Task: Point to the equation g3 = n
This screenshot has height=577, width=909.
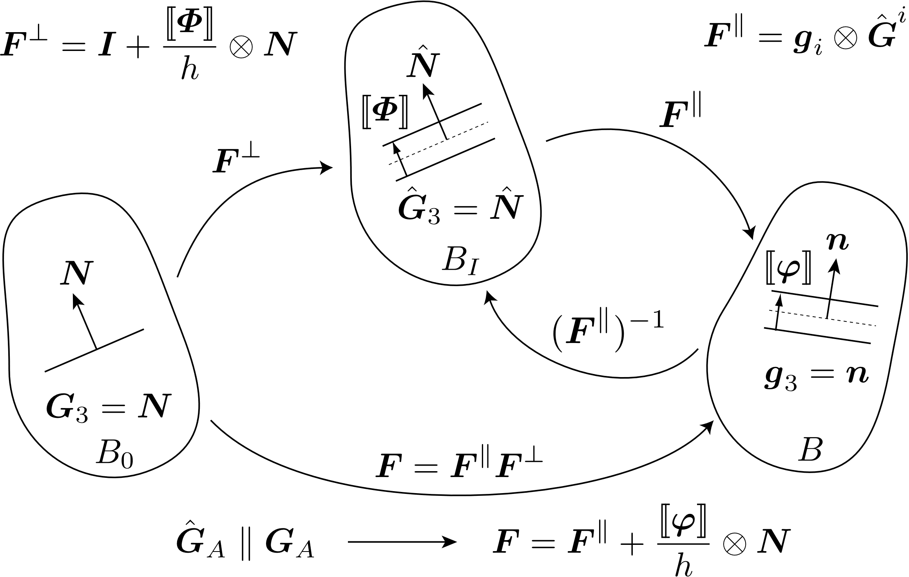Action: [x=816, y=376]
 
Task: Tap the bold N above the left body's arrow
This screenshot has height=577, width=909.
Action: [x=76, y=272]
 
